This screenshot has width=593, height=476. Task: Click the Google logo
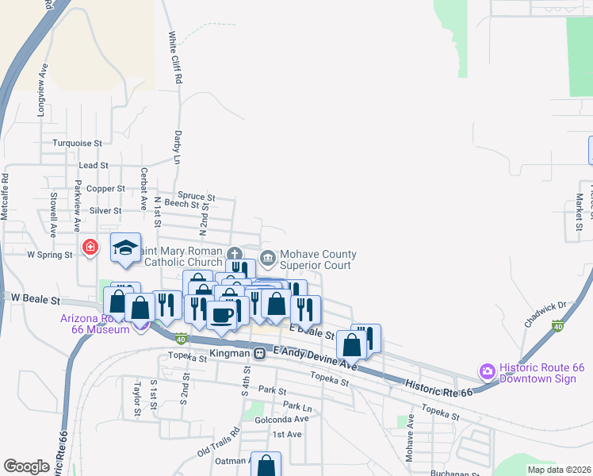26,466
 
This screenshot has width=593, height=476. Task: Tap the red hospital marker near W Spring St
90,247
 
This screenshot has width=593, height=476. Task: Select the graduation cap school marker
125,248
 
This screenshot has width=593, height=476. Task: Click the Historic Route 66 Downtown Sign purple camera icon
486,370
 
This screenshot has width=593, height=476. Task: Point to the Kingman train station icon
259,352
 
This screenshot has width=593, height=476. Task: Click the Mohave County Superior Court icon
267,258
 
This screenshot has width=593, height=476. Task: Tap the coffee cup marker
221,314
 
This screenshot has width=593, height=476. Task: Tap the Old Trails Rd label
218,447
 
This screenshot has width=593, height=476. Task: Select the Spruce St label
197,196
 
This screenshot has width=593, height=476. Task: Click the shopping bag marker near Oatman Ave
266,465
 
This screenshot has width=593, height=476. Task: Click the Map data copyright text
559,470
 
